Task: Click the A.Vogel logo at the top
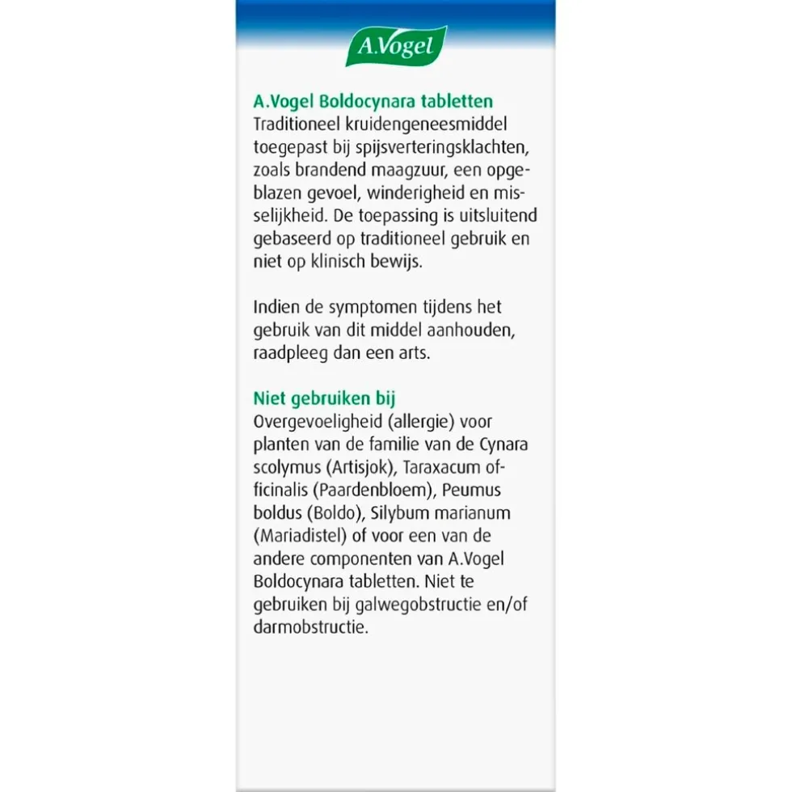click(396, 47)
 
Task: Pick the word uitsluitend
click(496, 217)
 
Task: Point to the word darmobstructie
click(310, 627)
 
